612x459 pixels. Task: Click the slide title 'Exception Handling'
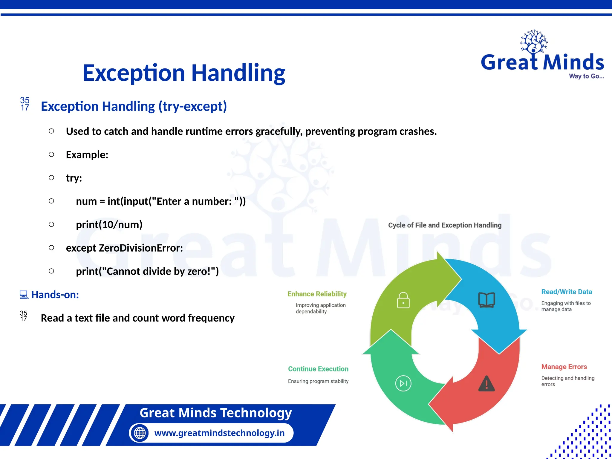(x=184, y=73)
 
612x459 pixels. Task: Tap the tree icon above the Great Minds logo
(x=534, y=42)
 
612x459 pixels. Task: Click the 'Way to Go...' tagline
(x=586, y=76)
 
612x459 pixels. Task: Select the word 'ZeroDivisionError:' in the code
(x=141, y=248)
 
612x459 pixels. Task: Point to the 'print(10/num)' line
(x=109, y=225)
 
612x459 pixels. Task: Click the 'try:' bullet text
(x=74, y=178)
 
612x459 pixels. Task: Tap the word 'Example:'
(x=87, y=155)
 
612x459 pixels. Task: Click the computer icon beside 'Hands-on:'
(x=24, y=295)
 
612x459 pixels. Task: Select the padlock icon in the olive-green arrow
(x=403, y=300)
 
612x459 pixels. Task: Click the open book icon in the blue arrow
(x=486, y=300)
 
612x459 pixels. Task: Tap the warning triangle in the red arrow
(x=486, y=384)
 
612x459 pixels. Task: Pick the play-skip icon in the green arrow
(x=403, y=383)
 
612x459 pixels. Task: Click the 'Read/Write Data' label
(x=567, y=292)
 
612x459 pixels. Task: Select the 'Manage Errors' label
(x=564, y=367)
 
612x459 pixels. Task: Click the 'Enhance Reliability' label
(x=317, y=294)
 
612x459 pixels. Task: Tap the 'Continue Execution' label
(x=318, y=369)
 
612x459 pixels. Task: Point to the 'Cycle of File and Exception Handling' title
(x=445, y=225)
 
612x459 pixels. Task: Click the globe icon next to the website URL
(x=140, y=433)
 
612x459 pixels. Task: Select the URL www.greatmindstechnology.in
(x=219, y=433)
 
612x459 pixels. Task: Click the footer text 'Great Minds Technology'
(x=215, y=413)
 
